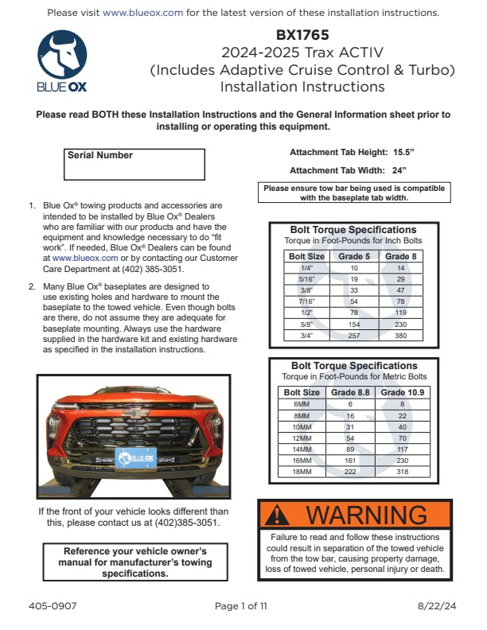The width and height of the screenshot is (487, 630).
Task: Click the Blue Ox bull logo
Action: pyautogui.click(x=62, y=56)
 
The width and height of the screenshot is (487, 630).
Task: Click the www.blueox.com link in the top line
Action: pyautogui.click(x=143, y=13)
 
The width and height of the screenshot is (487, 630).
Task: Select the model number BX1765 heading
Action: pyautogui.click(x=302, y=35)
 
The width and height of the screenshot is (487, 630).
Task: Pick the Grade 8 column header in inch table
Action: pyautogui.click(x=400, y=257)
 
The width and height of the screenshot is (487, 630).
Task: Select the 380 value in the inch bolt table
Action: pyautogui.click(x=400, y=336)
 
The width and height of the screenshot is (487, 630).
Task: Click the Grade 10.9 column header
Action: pyautogui.click(x=403, y=392)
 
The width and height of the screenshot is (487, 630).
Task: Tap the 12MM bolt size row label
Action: pyautogui.click(x=302, y=438)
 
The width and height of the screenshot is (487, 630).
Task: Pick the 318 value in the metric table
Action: pyautogui.click(x=403, y=472)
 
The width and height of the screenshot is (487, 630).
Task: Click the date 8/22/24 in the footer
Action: pyautogui.click(x=437, y=606)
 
